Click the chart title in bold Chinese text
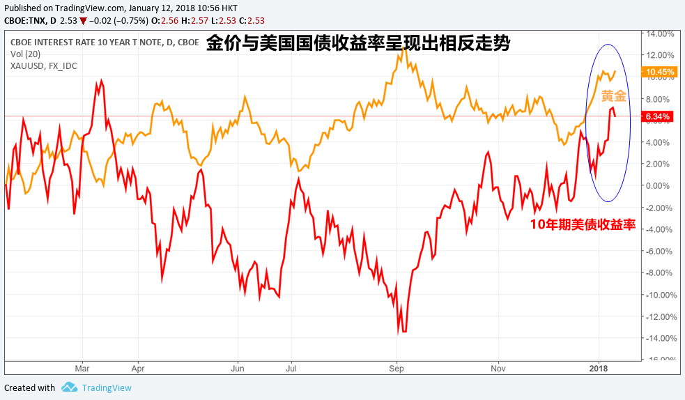click(x=358, y=45)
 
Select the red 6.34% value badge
click(x=659, y=116)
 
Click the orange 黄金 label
click(x=613, y=96)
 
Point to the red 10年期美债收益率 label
click(x=583, y=224)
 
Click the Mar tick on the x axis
click(x=82, y=367)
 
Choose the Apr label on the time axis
click(x=137, y=367)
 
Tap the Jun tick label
click(x=238, y=367)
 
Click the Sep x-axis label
click(x=396, y=367)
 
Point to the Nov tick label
click(x=498, y=367)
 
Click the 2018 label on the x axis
click(x=598, y=367)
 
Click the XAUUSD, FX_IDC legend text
click(x=44, y=66)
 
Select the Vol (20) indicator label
click(x=25, y=54)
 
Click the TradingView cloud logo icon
click(x=68, y=387)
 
